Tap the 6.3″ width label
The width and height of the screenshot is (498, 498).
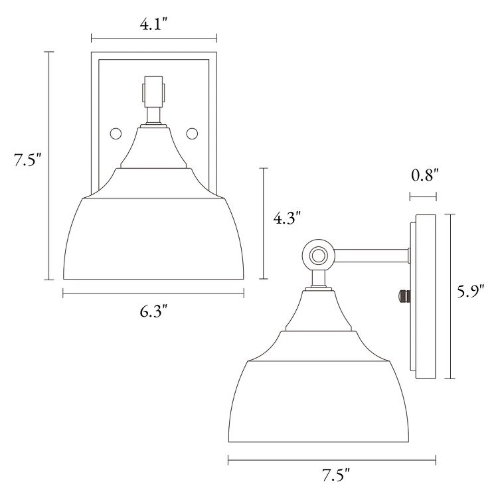click(153, 311)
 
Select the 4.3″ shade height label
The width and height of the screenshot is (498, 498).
click(288, 218)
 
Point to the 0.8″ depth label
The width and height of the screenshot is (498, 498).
click(423, 176)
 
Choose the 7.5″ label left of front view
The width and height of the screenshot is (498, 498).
click(26, 160)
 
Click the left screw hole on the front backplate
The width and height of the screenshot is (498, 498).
click(115, 133)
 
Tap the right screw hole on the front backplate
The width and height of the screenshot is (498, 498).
click(193, 133)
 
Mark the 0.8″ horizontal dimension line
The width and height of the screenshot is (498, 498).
click(423, 196)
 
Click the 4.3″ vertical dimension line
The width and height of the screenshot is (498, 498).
click(264, 224)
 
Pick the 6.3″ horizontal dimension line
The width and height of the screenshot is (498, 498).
click(153, 291)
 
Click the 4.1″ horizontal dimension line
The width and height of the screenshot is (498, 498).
click(153, 38)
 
